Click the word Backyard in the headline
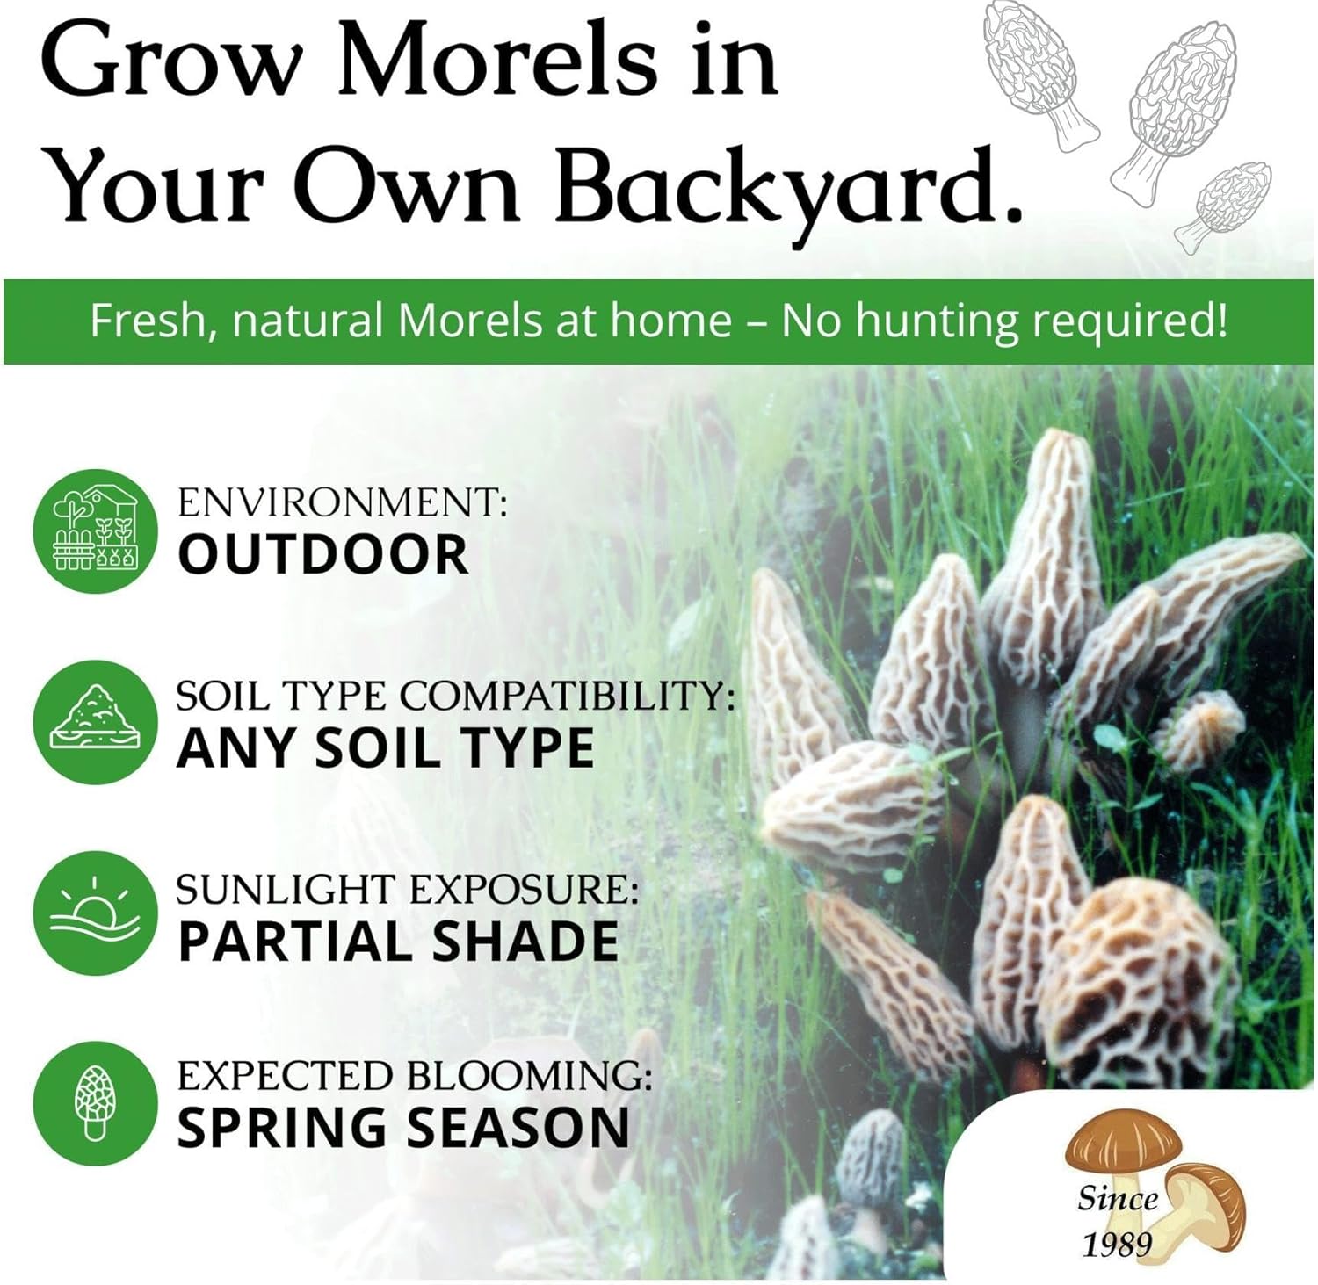pos(789,186)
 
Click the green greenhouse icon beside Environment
pos(96,531)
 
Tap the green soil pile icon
pos(96,721)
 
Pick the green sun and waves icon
pos(96,913)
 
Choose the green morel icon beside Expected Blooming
pos(96,1103)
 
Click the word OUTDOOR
pos(323,554)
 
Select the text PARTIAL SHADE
pos(398,941)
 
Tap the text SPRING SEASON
pos(403,1128)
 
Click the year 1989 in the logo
pos(1117,1243)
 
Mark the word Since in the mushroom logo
pos(1118,1199)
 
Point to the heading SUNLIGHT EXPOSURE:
pos(407,889)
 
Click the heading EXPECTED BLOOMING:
pos(415,1075)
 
